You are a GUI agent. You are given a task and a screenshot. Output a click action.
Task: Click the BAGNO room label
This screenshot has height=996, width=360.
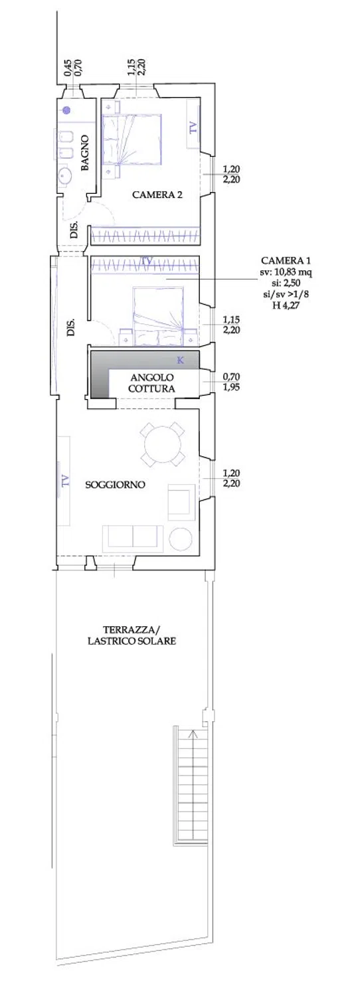coord(86,153)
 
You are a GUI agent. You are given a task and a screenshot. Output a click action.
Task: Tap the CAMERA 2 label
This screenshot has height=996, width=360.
coord(157,195)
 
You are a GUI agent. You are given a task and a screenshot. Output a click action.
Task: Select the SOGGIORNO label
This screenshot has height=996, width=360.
coord(116,485)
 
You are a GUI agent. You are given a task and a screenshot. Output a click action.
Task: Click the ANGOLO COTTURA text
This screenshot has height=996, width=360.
coord(151,383)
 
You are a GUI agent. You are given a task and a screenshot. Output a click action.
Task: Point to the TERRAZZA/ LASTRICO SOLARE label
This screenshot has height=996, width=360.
coord(132,635)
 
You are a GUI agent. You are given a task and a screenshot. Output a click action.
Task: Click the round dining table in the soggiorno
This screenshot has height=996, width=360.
coord(163,444)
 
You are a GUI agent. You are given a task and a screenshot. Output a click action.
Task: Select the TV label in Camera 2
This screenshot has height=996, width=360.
coord(193,128)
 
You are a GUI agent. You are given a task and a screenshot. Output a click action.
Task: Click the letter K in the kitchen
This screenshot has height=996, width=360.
coord(180,360)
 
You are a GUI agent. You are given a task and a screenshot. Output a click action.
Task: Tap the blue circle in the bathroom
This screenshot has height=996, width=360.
coord(66,110)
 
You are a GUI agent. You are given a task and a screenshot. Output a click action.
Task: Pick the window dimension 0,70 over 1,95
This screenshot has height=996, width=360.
coord(231,382)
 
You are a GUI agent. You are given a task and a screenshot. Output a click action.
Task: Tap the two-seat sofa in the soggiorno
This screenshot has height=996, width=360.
coord(133,539)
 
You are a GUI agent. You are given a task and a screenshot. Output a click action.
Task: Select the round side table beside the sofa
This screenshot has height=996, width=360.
coord(181,539)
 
